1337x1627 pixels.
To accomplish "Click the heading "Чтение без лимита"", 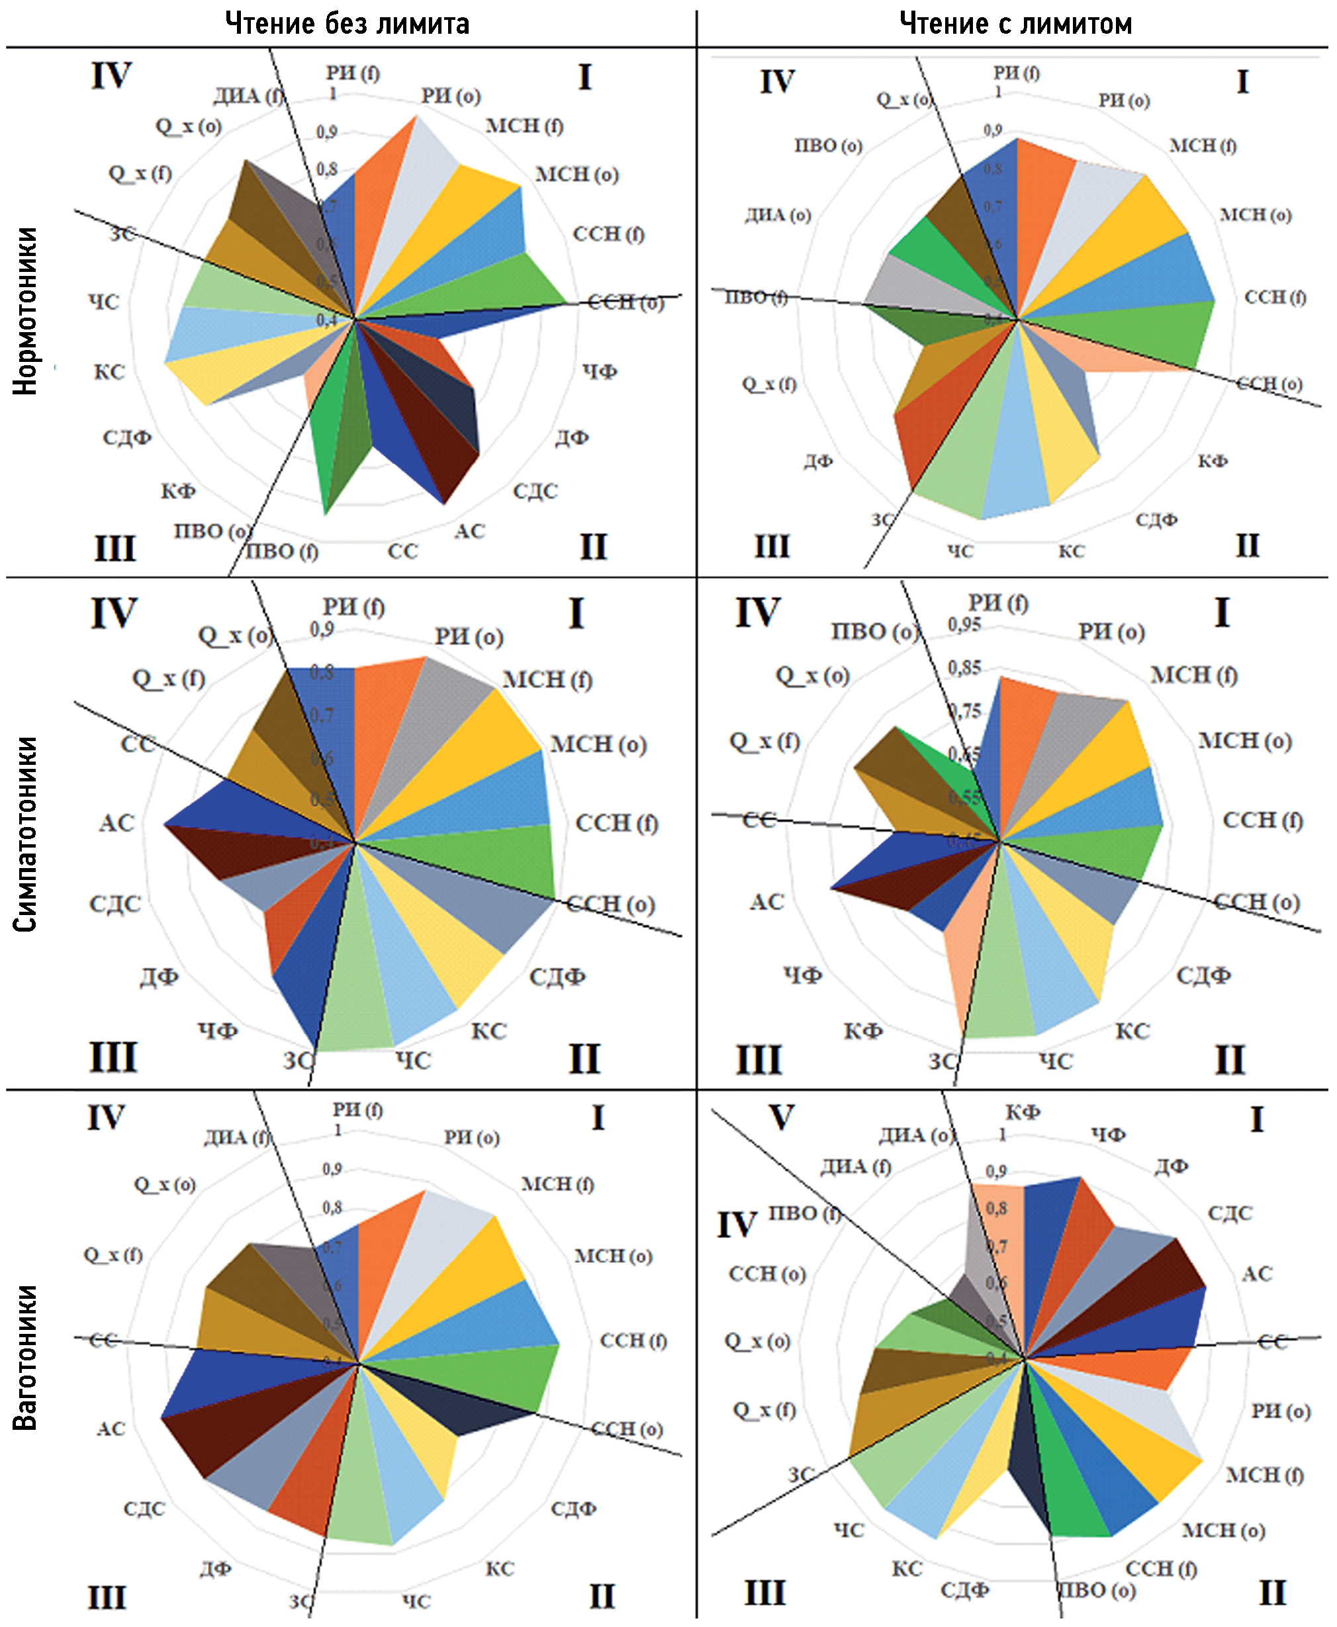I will click(x=347, y=24).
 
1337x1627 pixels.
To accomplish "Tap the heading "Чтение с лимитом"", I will click(x=1016, y=24).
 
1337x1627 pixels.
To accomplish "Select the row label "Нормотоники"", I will click(x=24, y=310).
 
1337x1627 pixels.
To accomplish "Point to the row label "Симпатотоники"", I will click(x=24, y=834).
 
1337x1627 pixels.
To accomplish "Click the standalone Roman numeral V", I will click(x=781, y=1118).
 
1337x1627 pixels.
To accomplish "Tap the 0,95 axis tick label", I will click(x=964, y=625).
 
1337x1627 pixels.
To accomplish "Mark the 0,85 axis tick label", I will click(x=964, y=668).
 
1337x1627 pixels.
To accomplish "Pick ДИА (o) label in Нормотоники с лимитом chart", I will click(x=778, y=216).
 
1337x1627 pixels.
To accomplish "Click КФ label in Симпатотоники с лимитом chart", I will click(x=862, y=1031).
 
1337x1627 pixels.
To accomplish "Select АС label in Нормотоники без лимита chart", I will click(x=469, y=531).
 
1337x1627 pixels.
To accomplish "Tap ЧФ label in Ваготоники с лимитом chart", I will click(x=1108, y=1134).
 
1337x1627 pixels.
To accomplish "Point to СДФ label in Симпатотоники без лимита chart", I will click(x=557, y=977).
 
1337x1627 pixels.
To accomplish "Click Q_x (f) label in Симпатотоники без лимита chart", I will click(x=169, y=679).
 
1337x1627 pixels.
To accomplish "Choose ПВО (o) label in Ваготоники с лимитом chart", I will click(x=1097, y=1590).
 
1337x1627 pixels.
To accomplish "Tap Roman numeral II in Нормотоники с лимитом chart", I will click(x=1248, y=545).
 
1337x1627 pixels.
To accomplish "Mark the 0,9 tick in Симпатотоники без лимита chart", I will click(x=322, y=630).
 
